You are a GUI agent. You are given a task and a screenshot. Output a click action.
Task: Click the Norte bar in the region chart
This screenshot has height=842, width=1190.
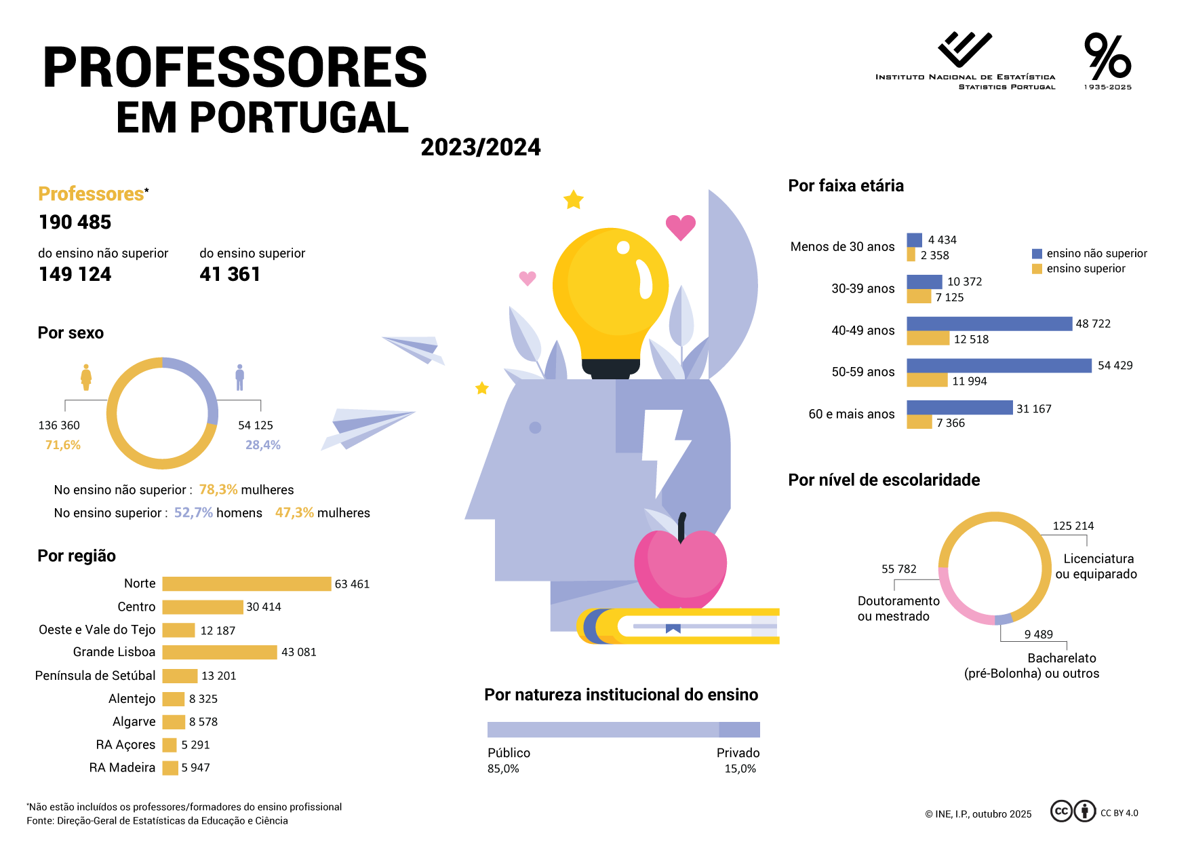pos(247,584)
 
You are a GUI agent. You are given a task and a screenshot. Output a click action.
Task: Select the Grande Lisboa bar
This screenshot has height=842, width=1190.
pos(220,652)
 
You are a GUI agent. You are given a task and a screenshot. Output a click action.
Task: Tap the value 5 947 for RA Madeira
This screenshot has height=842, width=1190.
pos(195,768)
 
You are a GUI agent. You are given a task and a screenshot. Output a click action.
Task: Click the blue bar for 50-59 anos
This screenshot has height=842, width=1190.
pos(999,366)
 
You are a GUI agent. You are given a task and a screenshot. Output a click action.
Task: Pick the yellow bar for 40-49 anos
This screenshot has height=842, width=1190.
pos(928,339)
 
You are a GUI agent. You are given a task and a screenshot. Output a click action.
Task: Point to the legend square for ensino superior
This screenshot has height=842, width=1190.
pos(1037,269)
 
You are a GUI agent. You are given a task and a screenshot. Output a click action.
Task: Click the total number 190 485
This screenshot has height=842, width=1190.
pos(75,223)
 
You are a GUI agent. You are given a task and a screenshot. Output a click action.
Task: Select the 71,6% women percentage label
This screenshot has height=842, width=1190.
pos(63,445)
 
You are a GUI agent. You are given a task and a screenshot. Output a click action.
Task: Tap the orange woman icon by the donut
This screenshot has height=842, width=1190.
pos(86,377)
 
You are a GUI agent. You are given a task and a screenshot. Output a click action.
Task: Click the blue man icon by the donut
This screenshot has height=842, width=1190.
pos(239,377)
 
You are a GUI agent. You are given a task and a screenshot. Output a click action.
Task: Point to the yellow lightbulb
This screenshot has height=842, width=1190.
pos(610,292)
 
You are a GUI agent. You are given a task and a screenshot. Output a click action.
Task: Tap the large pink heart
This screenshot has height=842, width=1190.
pos(680,227)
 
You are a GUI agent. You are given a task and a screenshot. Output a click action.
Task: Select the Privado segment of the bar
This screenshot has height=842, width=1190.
pos(739,730)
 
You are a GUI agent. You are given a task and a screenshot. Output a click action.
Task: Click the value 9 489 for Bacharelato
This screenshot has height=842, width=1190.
pos(1038,635)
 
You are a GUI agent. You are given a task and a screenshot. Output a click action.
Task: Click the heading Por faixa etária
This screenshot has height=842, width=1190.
pos(846,186)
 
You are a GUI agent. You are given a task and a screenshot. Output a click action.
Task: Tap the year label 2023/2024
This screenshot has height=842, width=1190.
pos(480,147)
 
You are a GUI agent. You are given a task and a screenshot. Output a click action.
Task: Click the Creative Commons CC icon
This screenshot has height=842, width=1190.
pos(1061,811)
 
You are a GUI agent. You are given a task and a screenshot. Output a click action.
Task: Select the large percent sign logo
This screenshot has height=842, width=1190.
pos(1107,57)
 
